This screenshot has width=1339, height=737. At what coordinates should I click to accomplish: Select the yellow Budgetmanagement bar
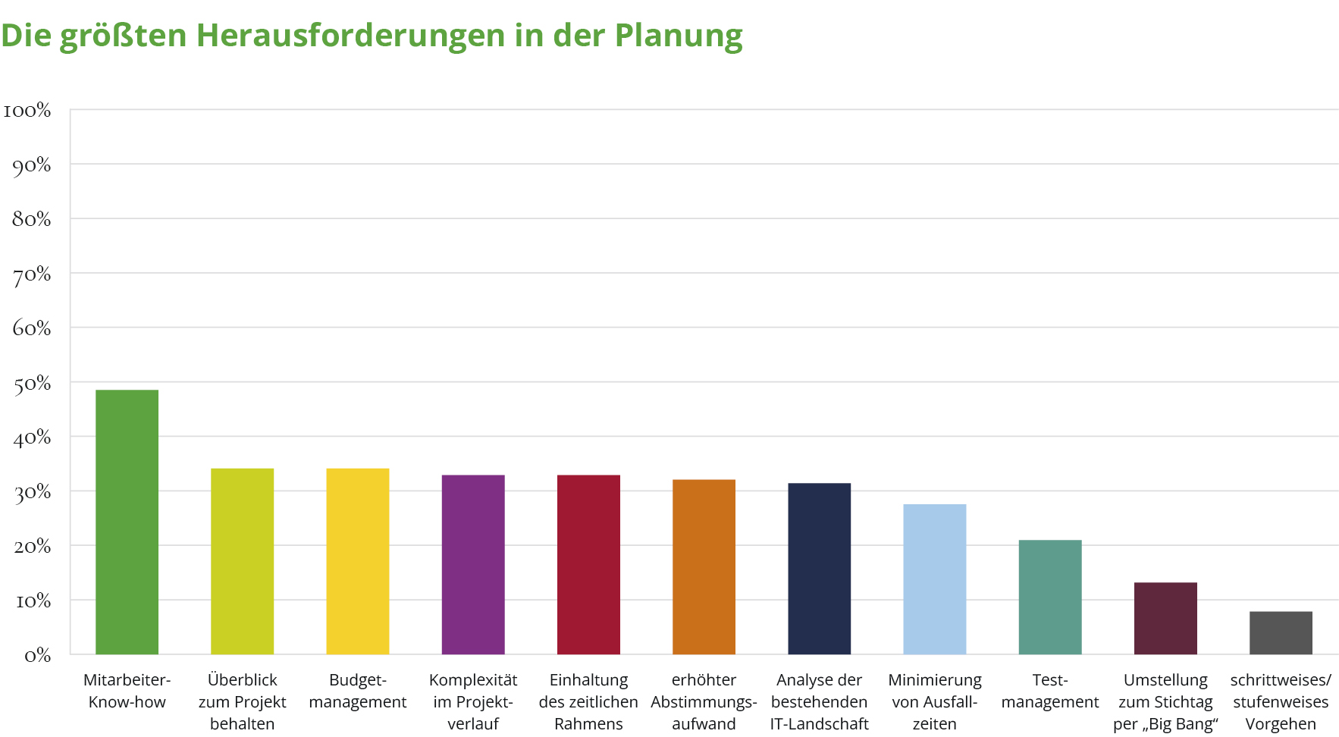(x=357, y=561)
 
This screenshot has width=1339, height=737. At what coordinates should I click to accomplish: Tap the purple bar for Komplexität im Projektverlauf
(x=473, y=564)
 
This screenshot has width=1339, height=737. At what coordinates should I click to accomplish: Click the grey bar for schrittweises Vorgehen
(x=1281, y=632)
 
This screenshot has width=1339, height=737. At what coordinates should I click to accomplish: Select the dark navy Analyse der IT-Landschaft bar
(x=819, y=569)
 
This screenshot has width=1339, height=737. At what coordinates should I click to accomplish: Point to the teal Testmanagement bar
(x=1049, y=597)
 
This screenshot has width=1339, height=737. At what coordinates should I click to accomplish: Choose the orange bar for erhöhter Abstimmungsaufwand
(x=704, y=566)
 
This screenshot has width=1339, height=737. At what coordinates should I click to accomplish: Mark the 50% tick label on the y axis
(x=31, y=384)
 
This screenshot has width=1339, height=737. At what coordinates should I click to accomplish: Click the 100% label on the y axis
(x=27, y=111)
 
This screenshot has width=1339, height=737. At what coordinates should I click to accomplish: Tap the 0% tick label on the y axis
(x=36, y=655)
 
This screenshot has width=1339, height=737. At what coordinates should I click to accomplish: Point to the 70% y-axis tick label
(x=31, y=274)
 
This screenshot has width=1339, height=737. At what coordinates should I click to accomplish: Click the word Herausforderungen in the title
(x=350, y=35)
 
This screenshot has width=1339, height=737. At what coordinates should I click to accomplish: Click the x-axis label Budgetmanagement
(x=357, y=691)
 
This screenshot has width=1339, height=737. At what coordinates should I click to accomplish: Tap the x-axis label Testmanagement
(x=1049, y=691)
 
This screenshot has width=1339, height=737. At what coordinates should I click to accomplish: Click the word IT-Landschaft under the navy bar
(x=819, y=724)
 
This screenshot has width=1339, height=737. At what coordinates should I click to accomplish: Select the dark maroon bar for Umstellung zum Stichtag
(x=1165, y=618)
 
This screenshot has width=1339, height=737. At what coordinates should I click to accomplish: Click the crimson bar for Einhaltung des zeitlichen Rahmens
(x=588, y=564)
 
